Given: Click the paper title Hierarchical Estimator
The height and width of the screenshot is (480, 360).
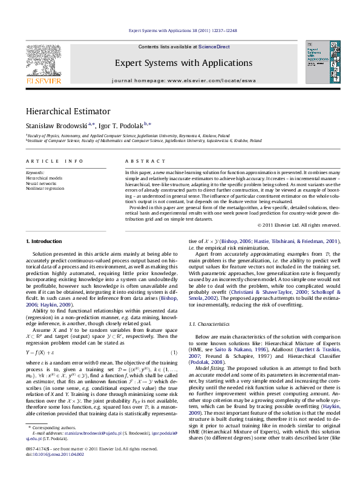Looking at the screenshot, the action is pyautogui.click(x=68, y=111).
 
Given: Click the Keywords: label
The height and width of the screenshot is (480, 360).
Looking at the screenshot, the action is pyautogui.click(x=35, y=172).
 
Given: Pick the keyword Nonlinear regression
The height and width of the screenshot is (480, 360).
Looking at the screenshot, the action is pyautogui.click(x=44, y=188).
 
